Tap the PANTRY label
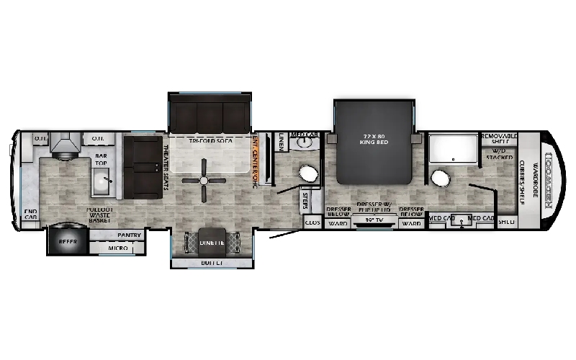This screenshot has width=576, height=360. [120, 235]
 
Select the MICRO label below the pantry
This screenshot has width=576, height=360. [119, 248]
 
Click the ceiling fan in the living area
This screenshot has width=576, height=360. [205, 180]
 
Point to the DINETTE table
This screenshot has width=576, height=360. [212, 243]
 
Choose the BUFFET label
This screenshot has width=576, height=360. [211, 263]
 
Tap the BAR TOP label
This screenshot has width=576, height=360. [100, 157]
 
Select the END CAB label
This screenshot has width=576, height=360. [30, 215]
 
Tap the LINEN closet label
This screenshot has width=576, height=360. [281, 141]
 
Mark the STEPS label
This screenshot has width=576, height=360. [307, 199]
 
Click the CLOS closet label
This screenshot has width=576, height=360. [312, 223]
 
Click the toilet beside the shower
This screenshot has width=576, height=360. [438, 178]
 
